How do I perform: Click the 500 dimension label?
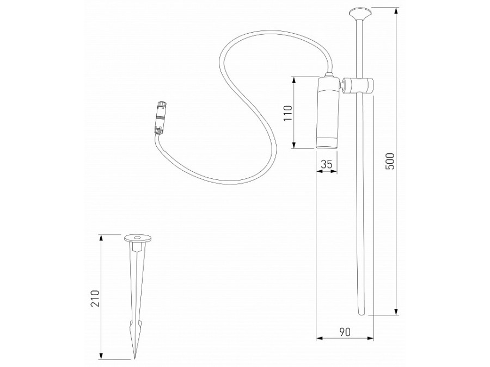tap(389, 161)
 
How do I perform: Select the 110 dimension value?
tap(289, 112)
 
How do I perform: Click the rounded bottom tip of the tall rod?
tap(361, 312)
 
